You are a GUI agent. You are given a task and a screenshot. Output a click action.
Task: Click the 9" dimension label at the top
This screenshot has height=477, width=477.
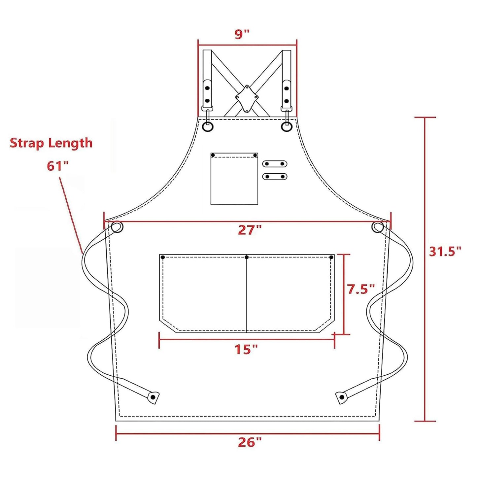pyautogui.click(x=242, y=34)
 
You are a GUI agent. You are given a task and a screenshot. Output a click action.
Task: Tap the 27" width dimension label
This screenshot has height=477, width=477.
pyautogui.click(x=250, y=230)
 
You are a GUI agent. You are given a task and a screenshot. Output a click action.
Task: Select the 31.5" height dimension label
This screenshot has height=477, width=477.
pyautogui.click(x=445, y=252)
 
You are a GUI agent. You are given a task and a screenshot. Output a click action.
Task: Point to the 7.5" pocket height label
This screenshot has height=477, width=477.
pyautogui.click(x=361, y=289)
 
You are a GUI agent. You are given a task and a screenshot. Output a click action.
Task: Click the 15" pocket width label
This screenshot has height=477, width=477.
pyautogui.click(x=246, y=349)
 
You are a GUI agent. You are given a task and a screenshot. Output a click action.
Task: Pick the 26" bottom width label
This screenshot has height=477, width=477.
pyautogui.click(x=250, y=442)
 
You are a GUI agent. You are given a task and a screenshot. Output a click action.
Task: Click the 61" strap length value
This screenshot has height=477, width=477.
pyautogui.click(x=59, y=166)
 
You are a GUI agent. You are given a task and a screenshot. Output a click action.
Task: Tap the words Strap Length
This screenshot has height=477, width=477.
pyautogui.click(x=51, y=143)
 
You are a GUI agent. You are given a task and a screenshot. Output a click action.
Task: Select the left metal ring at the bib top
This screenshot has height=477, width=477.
pyautogui.click(x=208, y=126)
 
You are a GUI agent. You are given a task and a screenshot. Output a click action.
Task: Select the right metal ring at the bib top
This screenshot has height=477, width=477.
pyautogui.click(x=287, y=126)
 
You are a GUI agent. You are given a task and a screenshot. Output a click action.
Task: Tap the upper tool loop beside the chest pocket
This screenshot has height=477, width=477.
pyautogui.click(x=275, y=164)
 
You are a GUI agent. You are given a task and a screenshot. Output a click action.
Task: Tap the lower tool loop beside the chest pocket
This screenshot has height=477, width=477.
pyautogui.click(x=275, y=177)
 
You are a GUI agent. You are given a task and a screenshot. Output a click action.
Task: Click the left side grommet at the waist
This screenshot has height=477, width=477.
pyautogui.click(x=117, y=227)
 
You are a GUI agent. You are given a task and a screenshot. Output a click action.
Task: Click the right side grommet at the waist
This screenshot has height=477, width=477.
pyautogui.click(x=378, y=227)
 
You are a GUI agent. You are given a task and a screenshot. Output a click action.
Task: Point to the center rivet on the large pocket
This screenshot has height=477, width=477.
pyautogui.click(x=247, y=257)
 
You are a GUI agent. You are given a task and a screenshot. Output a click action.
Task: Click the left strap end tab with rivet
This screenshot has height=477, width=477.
pyautogui.click(x=153, y=397)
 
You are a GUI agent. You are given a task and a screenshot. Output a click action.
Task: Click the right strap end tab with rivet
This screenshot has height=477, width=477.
pyautogui.click(x=342, y=397)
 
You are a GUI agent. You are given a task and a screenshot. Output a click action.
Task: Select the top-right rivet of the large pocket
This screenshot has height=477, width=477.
pyautogui.click(x=331, y=257)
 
